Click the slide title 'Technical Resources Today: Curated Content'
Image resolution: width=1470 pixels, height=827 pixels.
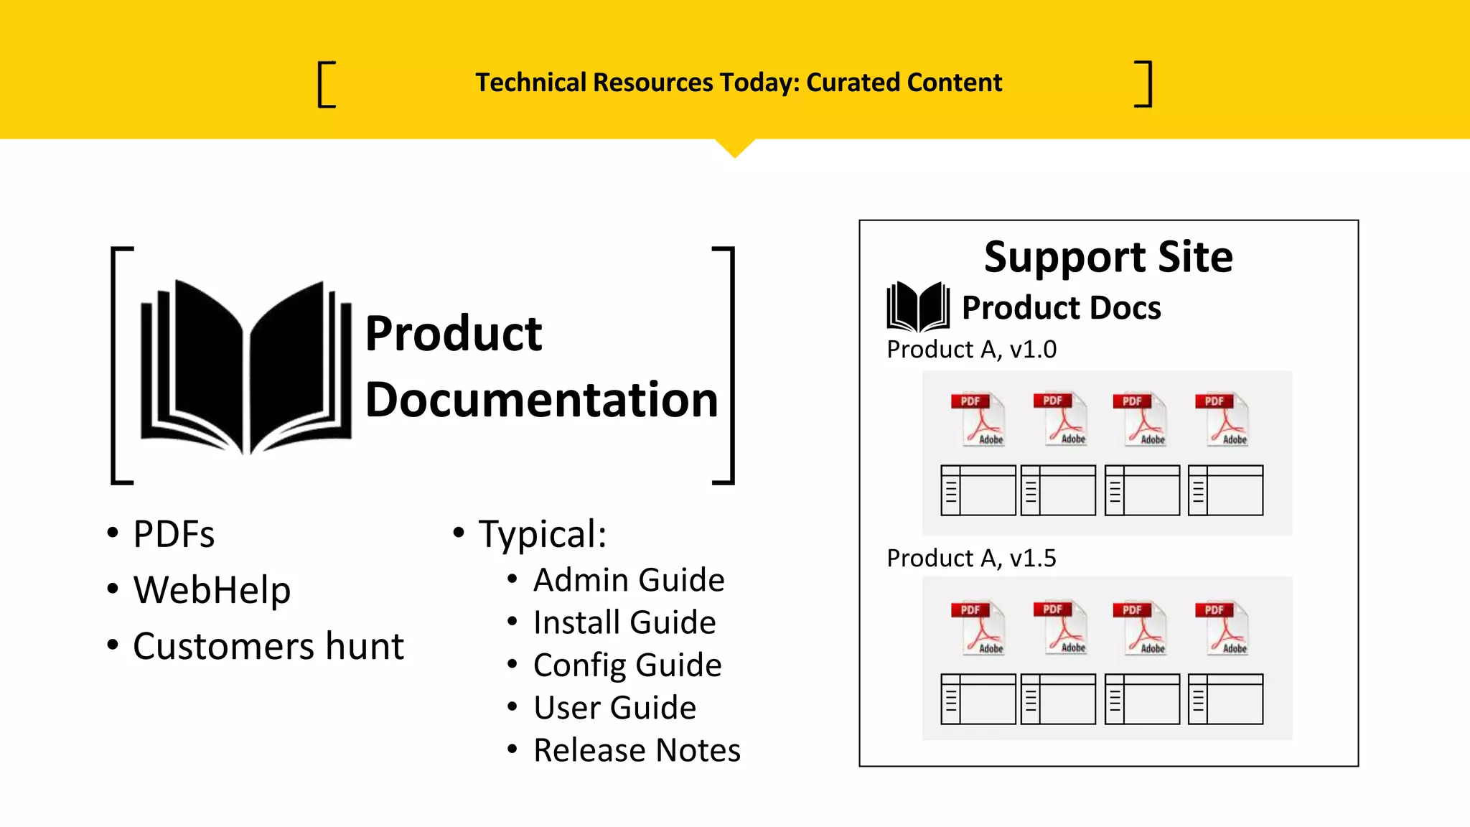coord(738,83)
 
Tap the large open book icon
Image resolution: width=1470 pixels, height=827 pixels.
coord(246,367)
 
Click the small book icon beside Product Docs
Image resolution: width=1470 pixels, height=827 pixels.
coord(918,307)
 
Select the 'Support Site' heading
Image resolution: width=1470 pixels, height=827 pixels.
coord(1108,257)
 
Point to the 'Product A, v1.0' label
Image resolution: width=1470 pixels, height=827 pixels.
coord(971,350)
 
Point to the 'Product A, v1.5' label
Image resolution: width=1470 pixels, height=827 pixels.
coord(971,559)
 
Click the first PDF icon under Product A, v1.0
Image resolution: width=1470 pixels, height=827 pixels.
coord(978,420)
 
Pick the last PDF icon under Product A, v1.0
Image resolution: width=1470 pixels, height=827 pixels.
coord(1222,420)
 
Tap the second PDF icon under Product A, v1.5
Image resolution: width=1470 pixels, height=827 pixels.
coord(1060,628)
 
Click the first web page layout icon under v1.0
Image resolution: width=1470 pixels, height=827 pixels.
coord(978,490)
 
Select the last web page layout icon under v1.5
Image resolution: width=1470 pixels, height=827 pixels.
coord(1225,698)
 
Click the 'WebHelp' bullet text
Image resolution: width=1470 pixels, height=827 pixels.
coord(212,590)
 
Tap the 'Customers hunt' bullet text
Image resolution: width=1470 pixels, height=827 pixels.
coord(268,646)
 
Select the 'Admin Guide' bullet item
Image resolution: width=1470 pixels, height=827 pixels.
coord(629,580)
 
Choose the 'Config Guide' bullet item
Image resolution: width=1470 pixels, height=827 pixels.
coord(627,665)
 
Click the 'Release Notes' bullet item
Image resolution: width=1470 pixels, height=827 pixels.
coord(637,751)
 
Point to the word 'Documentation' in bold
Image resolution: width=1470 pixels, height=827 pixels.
coord(541,400)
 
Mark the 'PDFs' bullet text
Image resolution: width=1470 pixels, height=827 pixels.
coord(174,535)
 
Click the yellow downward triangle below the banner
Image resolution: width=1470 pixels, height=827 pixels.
coord(735,146)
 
